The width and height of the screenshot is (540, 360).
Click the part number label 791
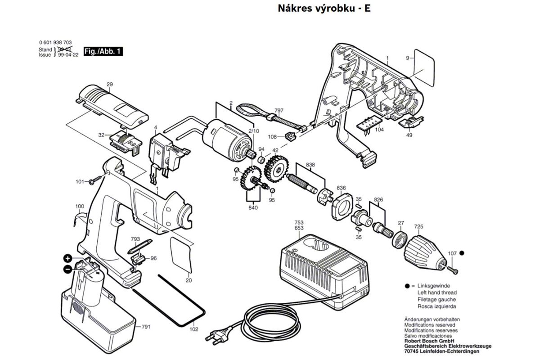coord(146,327)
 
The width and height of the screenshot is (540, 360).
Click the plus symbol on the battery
coord(67,258)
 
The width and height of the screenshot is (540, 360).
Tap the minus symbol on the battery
coord(67,269)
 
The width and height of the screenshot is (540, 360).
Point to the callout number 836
coord(341,188)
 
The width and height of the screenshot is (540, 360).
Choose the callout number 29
coord(109,85)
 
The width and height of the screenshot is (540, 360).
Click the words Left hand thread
coord(424,292)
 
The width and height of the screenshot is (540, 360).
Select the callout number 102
coord(193,329)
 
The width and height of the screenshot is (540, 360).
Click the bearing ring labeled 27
coord(399,238)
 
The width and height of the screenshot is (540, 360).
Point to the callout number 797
coord(279,110)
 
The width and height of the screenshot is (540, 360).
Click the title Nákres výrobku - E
coord(324,9)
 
